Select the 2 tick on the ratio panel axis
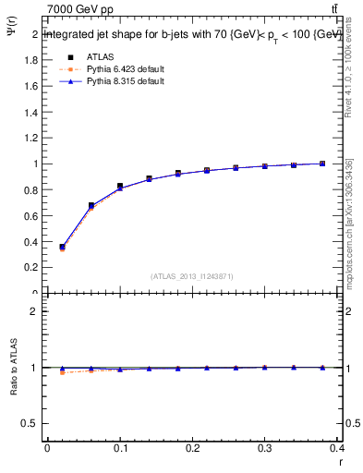pyautogui.click(x=35, y=311)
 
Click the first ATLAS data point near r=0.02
pyautogui.click(x=62, y=248)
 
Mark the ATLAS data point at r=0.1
pyautogui.click(x=120, y=187)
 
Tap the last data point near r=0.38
pyautogui.click(x=322, y=164)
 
